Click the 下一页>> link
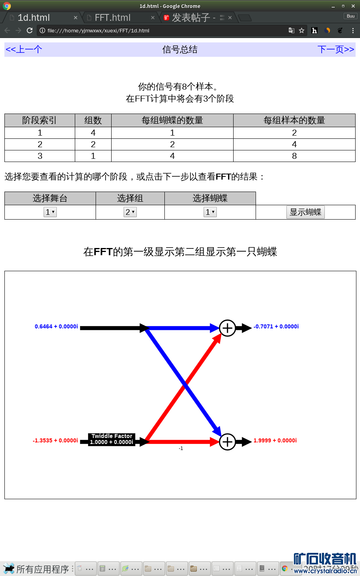(336, 50)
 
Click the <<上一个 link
(24, 50)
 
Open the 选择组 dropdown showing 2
(130, 212)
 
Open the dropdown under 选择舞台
(50, 212)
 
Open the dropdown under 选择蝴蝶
(210, 212)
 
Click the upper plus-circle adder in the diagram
(228, 328)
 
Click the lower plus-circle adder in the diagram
(228, 442)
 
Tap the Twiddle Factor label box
(112, 439)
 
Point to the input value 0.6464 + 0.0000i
(56, 327)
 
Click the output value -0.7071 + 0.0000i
(276, 327)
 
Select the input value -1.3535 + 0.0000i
(55, 441)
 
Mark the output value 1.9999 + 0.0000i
(275, 441)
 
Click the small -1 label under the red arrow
(181, 448)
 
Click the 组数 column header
(93, 120)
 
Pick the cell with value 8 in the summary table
(294, 156)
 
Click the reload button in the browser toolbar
(30, 30)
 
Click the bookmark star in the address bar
(302, 30)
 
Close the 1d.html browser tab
(76, 18)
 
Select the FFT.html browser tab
(113, 18)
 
